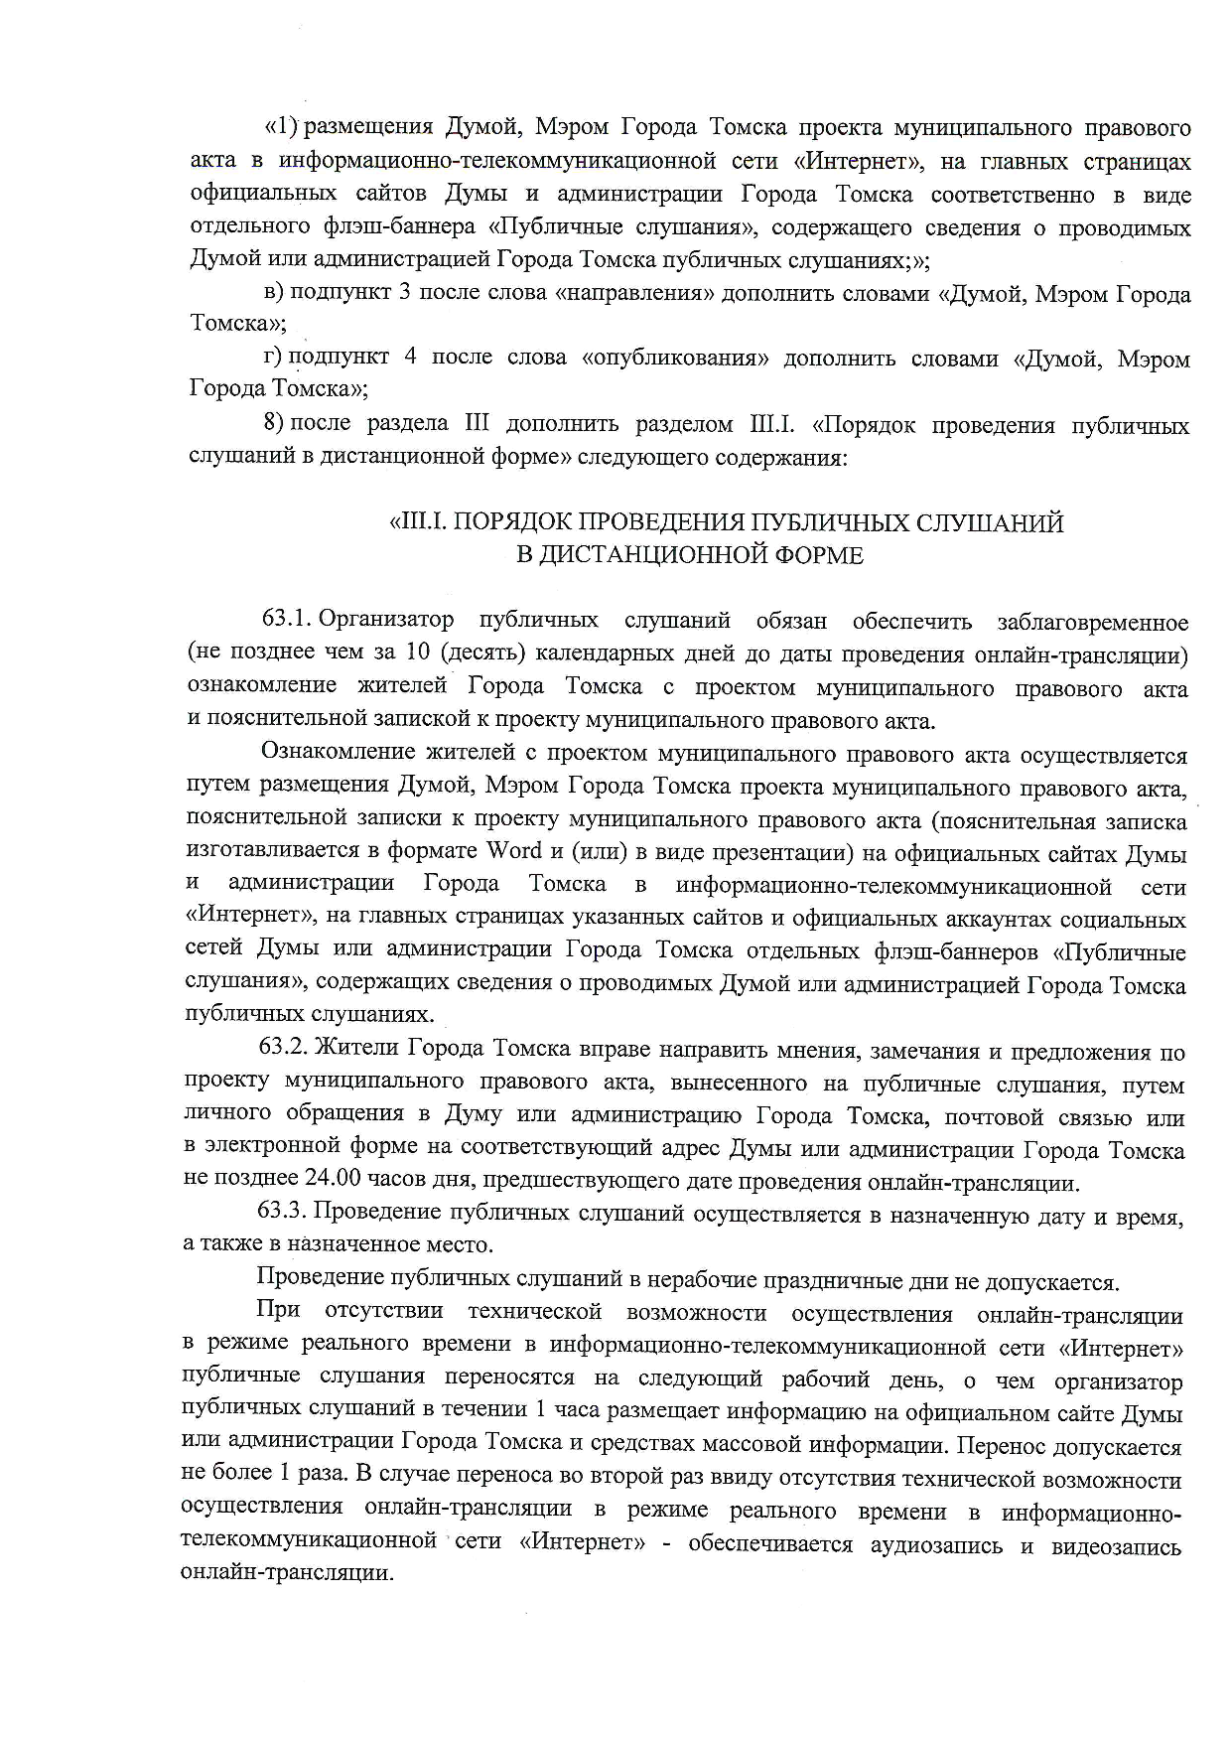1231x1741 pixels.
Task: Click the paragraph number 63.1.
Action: tap(287, 622)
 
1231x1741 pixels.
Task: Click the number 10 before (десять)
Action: tap(416, 654)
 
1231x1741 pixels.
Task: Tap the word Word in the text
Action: tap(513, 851)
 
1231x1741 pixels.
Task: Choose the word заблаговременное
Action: tap(1091, 623)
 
